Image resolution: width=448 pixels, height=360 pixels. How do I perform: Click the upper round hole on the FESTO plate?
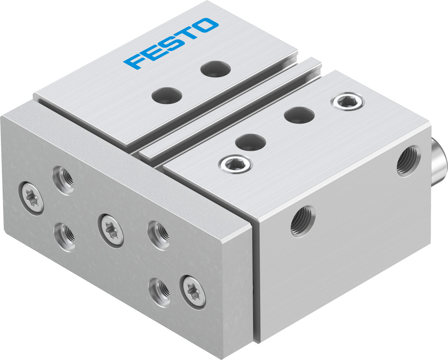[216, 69]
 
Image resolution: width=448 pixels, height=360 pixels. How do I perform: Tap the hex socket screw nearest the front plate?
[236, 164]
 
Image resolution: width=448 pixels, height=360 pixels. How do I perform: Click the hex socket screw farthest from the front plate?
[348, 101]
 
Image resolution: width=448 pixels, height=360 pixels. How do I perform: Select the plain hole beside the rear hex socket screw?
[300, 115]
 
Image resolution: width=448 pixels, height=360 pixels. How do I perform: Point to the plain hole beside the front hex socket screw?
[251, 142]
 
